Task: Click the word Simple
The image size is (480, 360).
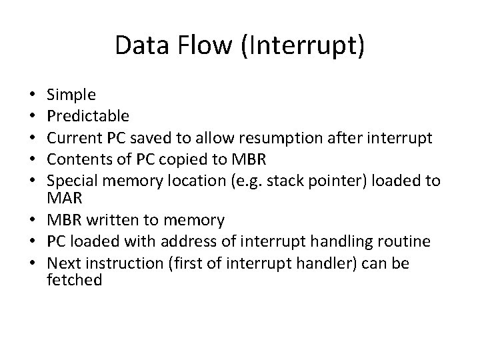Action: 72,96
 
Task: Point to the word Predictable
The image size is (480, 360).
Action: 88,117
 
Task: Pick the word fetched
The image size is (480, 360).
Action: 75,280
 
